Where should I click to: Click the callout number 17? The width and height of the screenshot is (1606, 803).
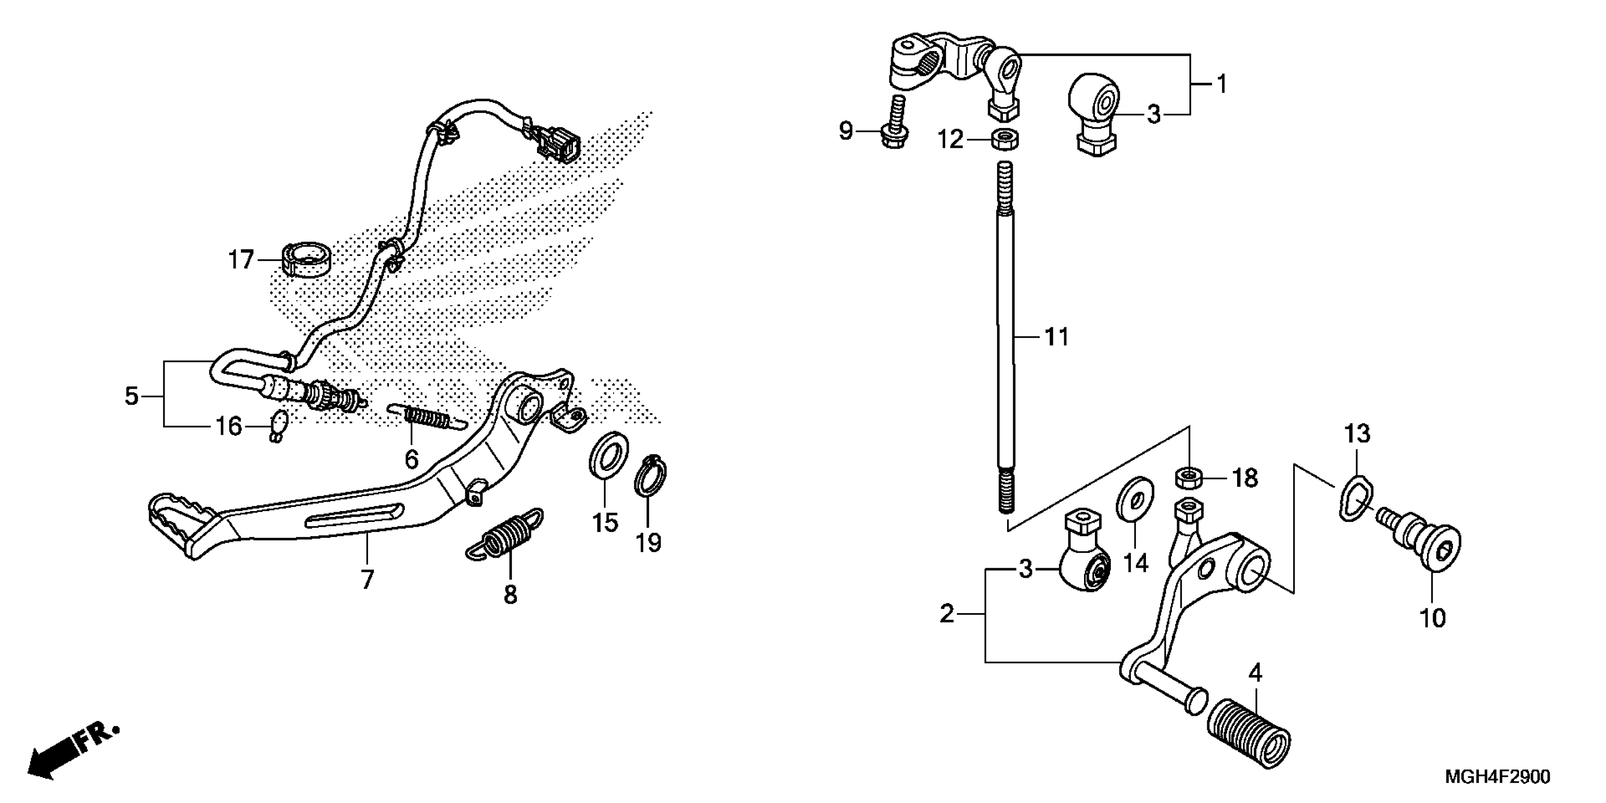pyautogui.click(x=240, y=259)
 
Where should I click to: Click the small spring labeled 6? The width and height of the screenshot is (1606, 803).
pyautogui.click(x=427, y=415)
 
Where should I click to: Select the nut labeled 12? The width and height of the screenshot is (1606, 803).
pyautogui.click(x=1004, y=139)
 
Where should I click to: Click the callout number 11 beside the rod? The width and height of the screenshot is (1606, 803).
pyautogui.click(x=1056, y=337)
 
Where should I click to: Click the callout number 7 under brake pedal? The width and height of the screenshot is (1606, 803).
pyautogui.click(x=367, y=580)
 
